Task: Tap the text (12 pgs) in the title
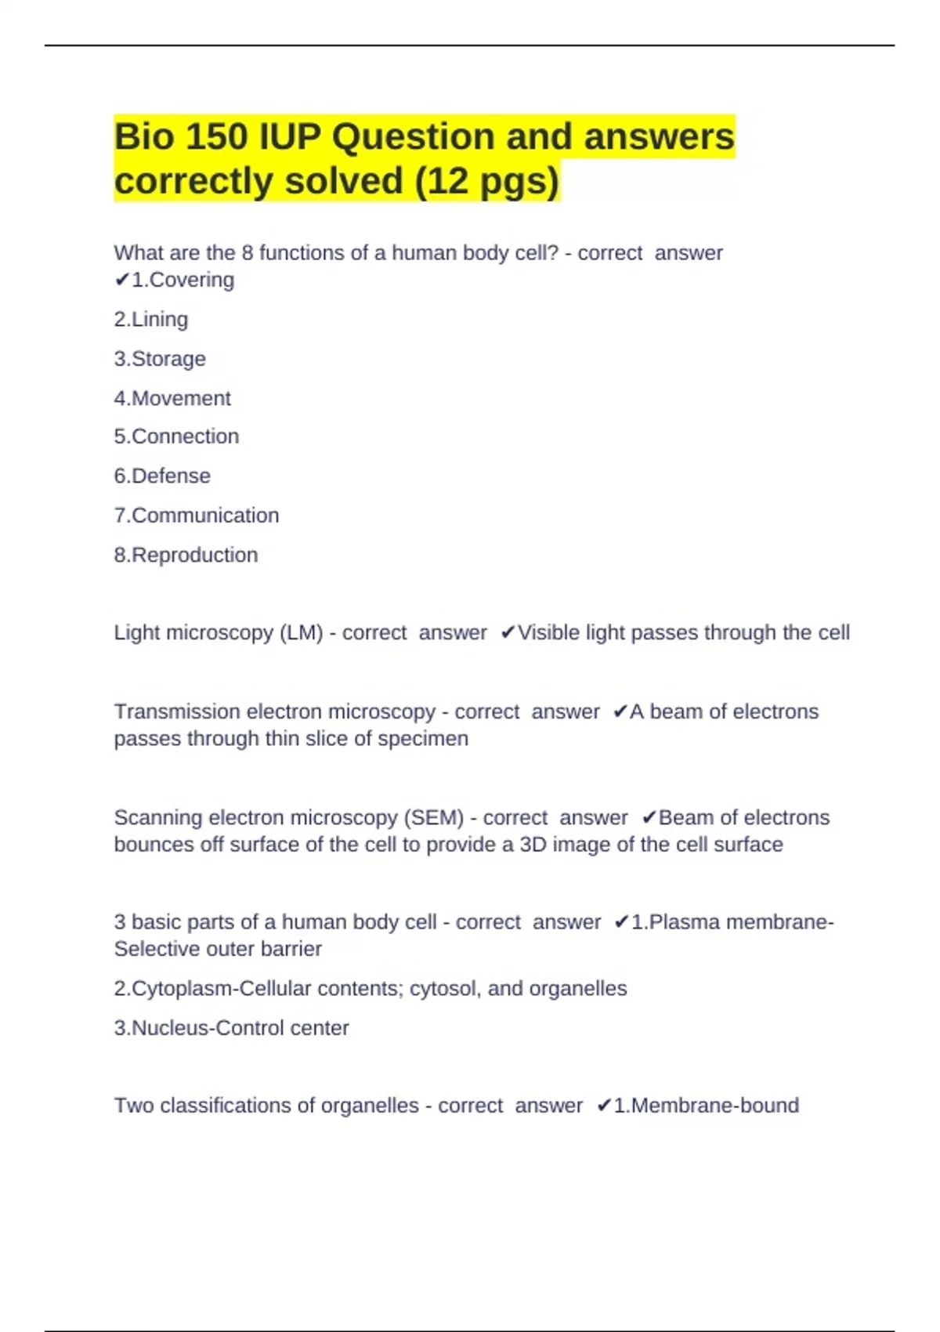point(486,181)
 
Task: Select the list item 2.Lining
point(151,320)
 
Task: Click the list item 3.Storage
point(160,359)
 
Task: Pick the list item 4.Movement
point(172,398)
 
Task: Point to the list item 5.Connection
point(176,436)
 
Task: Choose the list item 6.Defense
point(162,476)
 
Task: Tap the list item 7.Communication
point(197,516)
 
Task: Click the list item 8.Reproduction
point(186,555)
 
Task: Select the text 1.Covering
point(183,280)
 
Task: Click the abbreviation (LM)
point(301,632)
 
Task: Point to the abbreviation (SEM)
point(434,817)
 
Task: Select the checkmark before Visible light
point(508,632)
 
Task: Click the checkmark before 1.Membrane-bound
point(603,1106)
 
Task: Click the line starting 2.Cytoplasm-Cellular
point(370,989)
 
